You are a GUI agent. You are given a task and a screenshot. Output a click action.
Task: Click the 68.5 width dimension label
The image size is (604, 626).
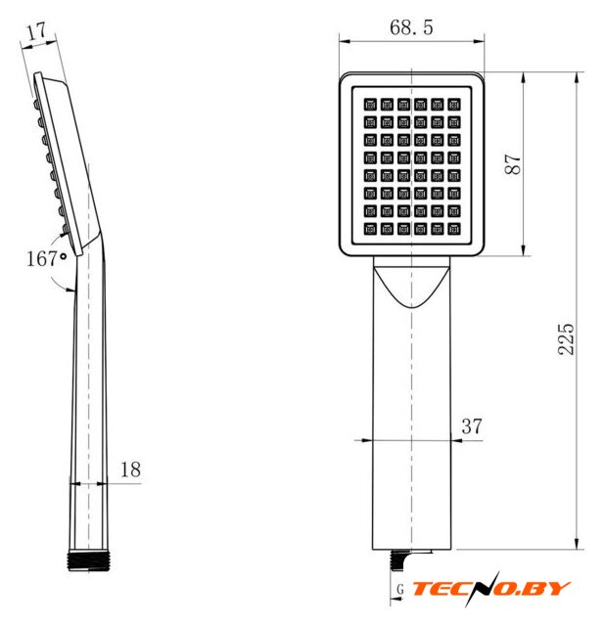[411, 27]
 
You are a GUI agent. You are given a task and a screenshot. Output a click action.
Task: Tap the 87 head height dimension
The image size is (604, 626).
[513, 163]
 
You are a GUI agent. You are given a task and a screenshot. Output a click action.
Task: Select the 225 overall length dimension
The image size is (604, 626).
[566, 339]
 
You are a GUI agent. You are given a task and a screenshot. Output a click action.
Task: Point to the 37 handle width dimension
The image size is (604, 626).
[472, 426]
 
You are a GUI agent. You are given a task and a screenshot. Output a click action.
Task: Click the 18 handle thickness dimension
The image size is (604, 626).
[130, 469]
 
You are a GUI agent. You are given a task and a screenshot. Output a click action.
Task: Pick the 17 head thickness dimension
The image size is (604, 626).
[38, 32]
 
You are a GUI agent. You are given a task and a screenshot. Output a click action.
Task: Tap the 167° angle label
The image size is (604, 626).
[46, 258]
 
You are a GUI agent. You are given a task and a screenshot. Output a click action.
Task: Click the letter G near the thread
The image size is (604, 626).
[400, 589]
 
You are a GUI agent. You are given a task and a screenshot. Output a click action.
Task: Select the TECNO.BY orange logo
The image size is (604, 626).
[491, 589]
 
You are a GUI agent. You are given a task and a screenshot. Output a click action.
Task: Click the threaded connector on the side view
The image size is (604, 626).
[88, 560]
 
